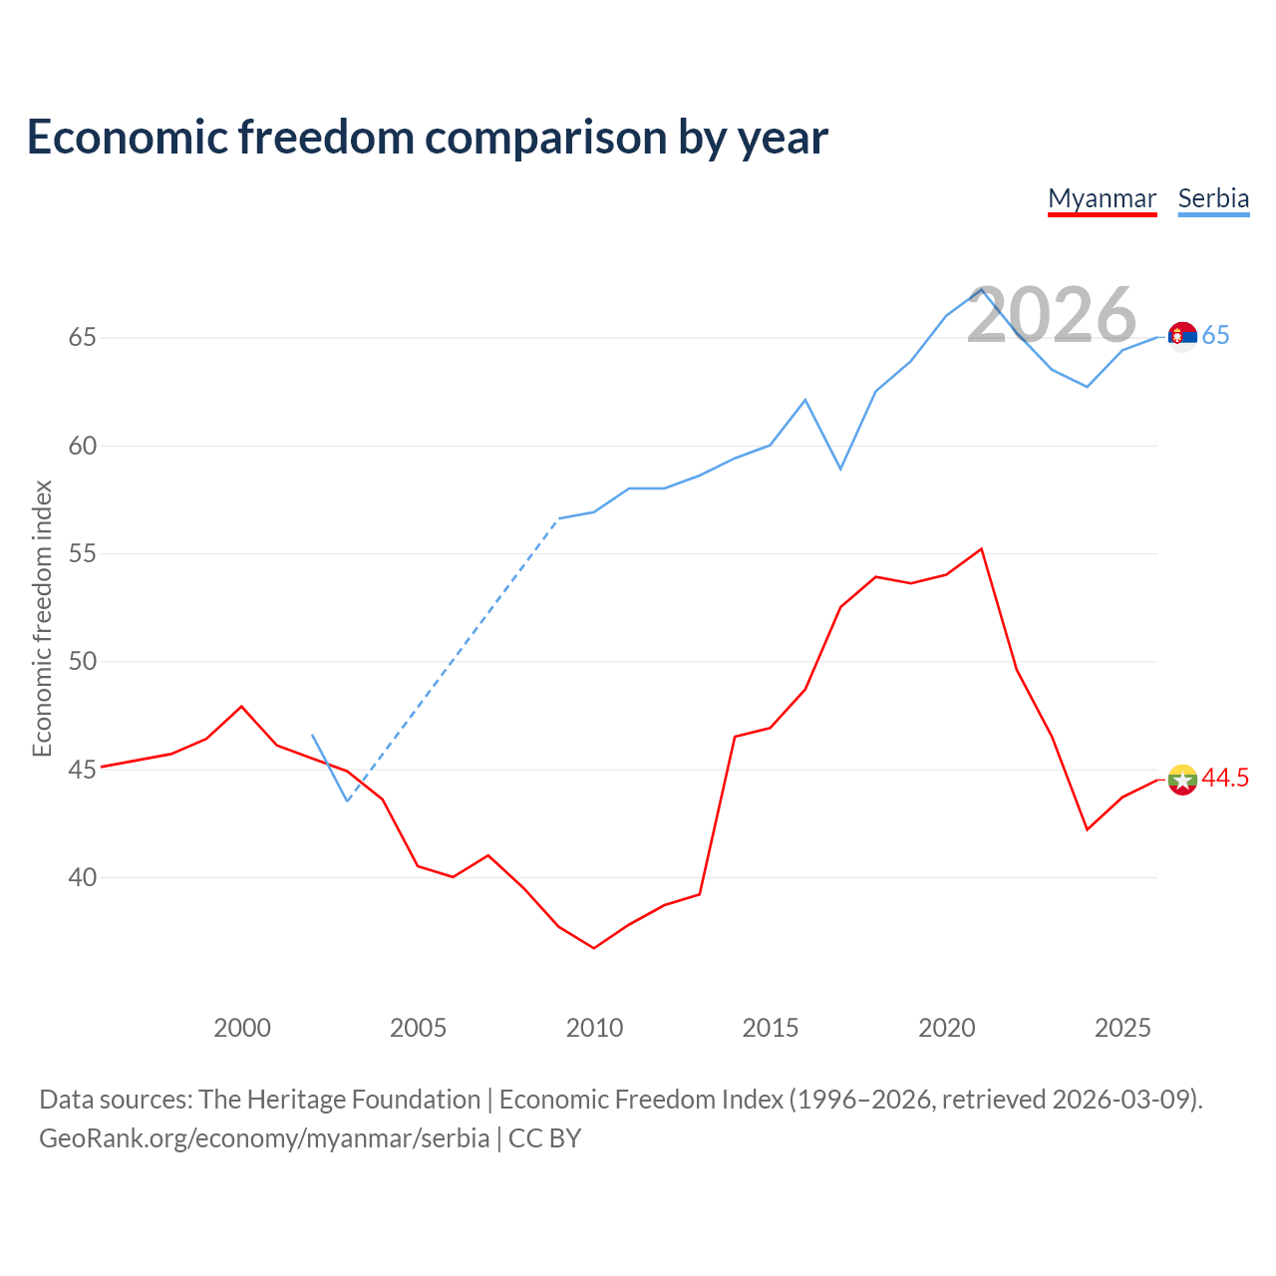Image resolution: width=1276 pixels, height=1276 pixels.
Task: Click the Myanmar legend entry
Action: [1102, 199]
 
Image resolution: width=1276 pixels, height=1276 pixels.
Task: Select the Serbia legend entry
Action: [1214, 199]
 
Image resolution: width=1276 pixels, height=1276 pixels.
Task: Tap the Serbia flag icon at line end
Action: [1182, 336]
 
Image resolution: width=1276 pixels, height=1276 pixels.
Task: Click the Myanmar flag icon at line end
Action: [1182, 780]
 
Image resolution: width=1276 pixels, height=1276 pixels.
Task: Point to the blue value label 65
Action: [1216, 336]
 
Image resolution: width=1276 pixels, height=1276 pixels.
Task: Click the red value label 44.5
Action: [1225, 778]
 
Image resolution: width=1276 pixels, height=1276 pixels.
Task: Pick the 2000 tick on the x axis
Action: [241, 1029]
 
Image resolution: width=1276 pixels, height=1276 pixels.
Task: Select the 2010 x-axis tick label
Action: [594, 1029]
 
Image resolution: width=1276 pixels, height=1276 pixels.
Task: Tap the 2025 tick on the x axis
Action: [1123, 1029]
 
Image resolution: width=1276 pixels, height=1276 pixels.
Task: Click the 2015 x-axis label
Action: [771, 1029]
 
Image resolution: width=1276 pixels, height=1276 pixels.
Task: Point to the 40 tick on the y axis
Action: [82, 878]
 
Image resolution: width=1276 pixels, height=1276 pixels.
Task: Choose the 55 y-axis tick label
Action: [82, 553]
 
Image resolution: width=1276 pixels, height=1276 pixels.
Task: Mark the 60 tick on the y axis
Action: [82, 447]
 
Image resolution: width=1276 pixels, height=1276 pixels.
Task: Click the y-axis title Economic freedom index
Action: [42, 618]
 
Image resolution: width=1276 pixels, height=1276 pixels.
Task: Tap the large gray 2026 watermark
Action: [1052, 315]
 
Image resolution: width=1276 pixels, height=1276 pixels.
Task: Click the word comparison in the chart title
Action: [545, 138]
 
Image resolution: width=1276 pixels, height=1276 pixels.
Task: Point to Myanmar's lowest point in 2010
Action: [594, 948]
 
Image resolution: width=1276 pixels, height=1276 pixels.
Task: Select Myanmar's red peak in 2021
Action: [981, 549]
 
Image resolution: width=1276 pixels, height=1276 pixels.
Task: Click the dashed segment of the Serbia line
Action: [453, 660]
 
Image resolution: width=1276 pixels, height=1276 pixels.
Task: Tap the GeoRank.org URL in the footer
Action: [264, 1139]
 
